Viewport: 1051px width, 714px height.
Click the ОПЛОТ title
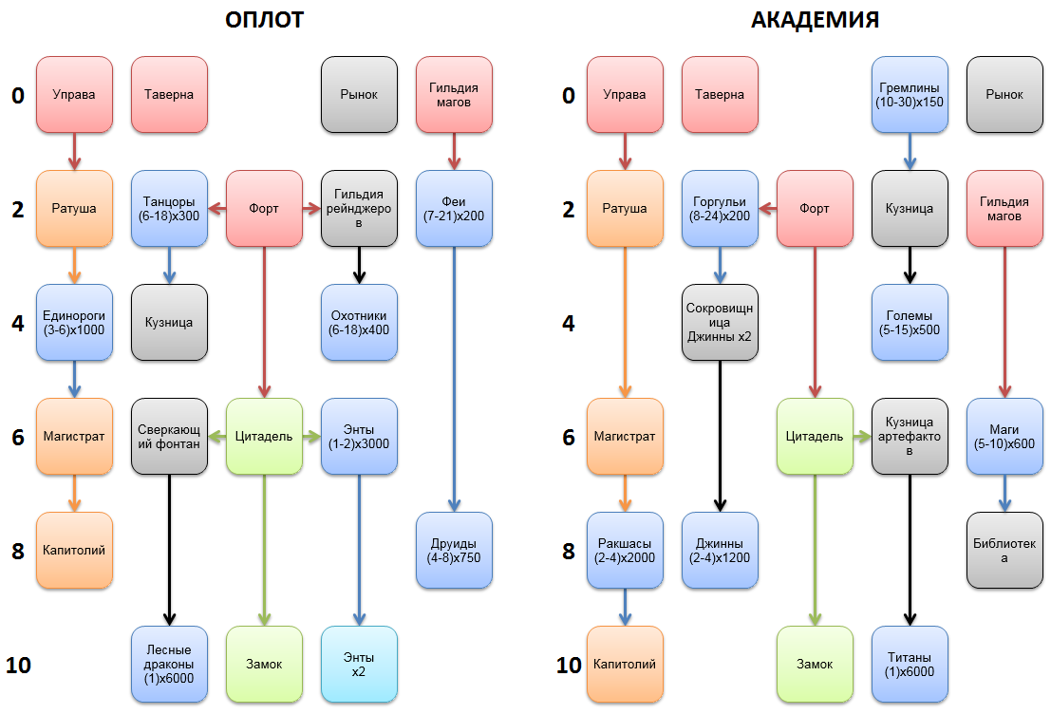click(x=264, y=19)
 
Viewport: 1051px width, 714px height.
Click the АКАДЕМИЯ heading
click(x=814, y=19)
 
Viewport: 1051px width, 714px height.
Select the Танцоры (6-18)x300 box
click(x=169, y=209)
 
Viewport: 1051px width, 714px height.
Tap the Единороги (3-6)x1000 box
click(x=74, y=323)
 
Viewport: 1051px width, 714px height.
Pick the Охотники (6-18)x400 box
click(x=359, y=323)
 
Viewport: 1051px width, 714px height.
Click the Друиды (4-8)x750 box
click(x=454, y=551)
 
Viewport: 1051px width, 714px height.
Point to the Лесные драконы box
click(x=169, y=665)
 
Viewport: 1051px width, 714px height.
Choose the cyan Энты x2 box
click(x=359, y=665)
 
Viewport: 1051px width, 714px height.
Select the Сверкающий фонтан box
click(x=169, y=437)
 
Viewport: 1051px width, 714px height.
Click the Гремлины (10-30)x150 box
click(x=910, y=95)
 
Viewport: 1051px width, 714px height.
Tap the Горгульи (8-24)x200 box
click(x=720, y=209)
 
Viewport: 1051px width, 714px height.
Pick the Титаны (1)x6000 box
click(x=910, y=665)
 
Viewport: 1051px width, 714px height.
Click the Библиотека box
click(x=1004, y=551)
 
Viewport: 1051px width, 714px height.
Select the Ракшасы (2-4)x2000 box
click(x=625, y=551)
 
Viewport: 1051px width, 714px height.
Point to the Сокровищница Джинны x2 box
click(x=720, y=323)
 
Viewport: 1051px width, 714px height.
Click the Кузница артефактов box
click(x=910, y=437)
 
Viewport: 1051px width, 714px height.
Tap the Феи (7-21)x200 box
click(x=454, y=209)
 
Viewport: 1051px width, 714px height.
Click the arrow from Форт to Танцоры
click(x=216, y=209)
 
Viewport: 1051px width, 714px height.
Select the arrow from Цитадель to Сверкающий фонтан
click(x=216, y=437)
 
